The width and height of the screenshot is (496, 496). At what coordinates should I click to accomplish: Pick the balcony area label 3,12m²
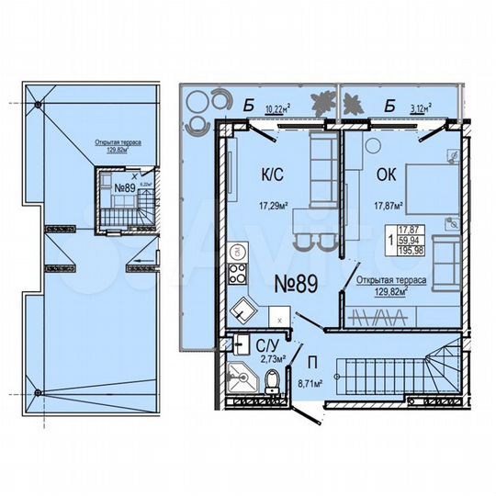420,107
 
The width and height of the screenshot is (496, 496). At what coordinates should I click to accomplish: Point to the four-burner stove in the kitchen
235,273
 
